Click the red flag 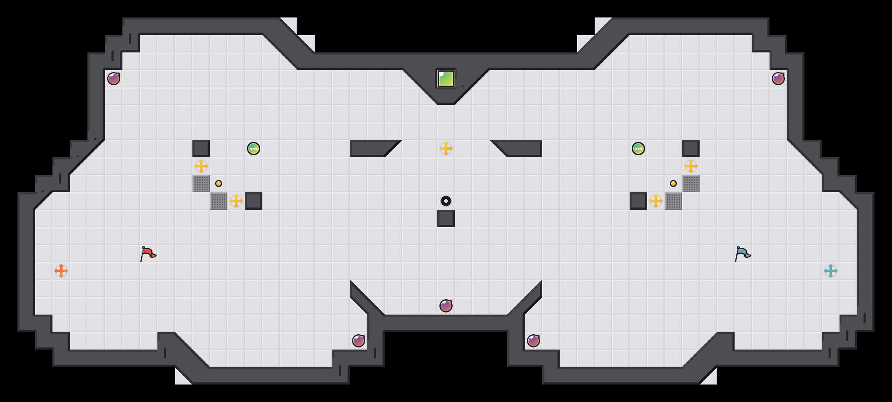148,253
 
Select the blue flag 742,253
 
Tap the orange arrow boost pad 61,271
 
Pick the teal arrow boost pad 831,271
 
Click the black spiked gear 446,201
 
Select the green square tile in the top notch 446,79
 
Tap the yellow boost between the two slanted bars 446,149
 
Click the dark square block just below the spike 446,218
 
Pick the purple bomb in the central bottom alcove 446,306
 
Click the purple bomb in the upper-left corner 114,79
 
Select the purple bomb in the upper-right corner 778,79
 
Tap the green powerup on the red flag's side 254,149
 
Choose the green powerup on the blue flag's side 638,149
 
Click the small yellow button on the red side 219,184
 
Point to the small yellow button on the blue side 673,184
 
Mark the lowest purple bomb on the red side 359,341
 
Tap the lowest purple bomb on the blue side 533,341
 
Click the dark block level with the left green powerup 201,149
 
